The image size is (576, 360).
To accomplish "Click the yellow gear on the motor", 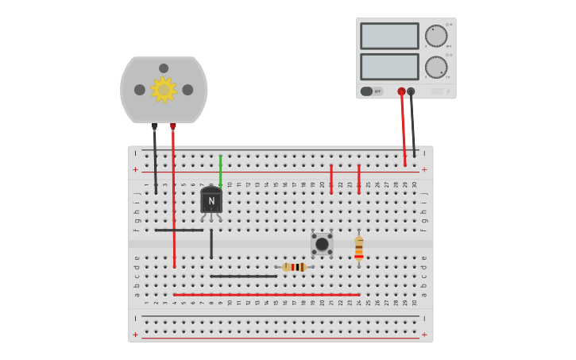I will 164,90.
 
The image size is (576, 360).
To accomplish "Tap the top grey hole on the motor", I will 164,68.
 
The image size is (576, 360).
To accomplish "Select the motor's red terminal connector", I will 173,126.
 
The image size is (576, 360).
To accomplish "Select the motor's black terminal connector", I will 155,126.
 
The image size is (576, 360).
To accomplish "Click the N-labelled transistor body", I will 211,201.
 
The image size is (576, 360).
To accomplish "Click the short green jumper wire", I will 221,170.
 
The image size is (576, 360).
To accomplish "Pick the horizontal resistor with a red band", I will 294,267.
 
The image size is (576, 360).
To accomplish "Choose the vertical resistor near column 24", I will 359,249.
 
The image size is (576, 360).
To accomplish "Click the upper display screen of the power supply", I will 389,36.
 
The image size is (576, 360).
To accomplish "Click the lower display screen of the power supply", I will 389,66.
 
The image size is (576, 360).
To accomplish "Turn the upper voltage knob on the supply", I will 435,36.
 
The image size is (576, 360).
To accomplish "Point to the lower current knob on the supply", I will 435,67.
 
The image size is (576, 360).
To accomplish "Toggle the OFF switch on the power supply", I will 371,91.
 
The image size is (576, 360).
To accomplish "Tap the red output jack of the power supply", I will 401,91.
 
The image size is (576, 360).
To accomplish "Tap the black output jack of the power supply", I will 411,91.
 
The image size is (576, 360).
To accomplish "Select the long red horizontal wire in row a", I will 266,295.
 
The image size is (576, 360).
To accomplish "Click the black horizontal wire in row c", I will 244,277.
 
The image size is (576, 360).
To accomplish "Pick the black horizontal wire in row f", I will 179,230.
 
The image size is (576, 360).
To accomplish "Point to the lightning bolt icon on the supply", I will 447,91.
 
